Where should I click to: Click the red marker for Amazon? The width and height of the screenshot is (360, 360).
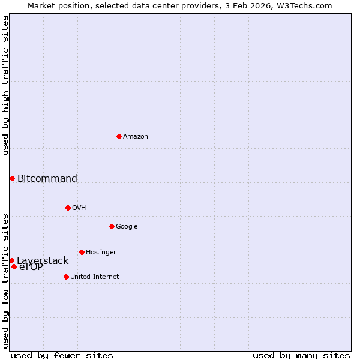click(119, 136)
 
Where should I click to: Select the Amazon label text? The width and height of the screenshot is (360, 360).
click(136, 137)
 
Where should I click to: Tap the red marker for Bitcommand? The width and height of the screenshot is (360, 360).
click(12, 178)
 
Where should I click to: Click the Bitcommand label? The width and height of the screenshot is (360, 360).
click(47, 178)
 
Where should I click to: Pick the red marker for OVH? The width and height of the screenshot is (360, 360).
click(68, 208)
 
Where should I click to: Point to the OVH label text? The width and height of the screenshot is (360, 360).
click(79, 208)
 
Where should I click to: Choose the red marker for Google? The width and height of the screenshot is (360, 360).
click(112, 226)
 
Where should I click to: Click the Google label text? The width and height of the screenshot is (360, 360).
click(127, 227)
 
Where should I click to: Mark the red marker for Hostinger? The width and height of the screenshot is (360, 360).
click(82, 252)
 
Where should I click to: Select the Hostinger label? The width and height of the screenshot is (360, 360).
click(101, 253)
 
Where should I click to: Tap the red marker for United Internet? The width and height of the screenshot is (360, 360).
click(66, 277)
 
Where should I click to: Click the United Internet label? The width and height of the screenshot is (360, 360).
click(95, 277)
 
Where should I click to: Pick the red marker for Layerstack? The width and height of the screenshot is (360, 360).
click(11, 260)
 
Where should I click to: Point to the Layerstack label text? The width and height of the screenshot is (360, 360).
click(43, 261)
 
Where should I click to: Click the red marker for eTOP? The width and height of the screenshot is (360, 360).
click(14, 266)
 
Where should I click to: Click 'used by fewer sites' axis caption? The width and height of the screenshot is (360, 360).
click(62, 355)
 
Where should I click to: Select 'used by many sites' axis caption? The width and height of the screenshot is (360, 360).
click(301, 355)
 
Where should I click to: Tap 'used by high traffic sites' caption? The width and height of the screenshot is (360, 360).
click(5, 85)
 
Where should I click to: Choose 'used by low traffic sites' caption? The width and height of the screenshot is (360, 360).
click(5, 280)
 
